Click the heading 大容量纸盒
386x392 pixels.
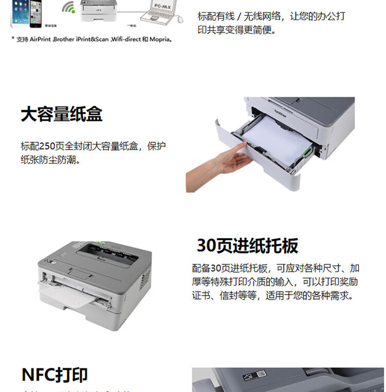61,114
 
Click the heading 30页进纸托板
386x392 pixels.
247,246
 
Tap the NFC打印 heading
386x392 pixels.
55,375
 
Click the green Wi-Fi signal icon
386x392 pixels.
68,7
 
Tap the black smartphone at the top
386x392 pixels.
34,13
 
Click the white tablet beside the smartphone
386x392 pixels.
19,12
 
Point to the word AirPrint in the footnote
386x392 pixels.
40,39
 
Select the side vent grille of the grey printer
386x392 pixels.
146,279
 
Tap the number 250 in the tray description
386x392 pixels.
47,146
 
